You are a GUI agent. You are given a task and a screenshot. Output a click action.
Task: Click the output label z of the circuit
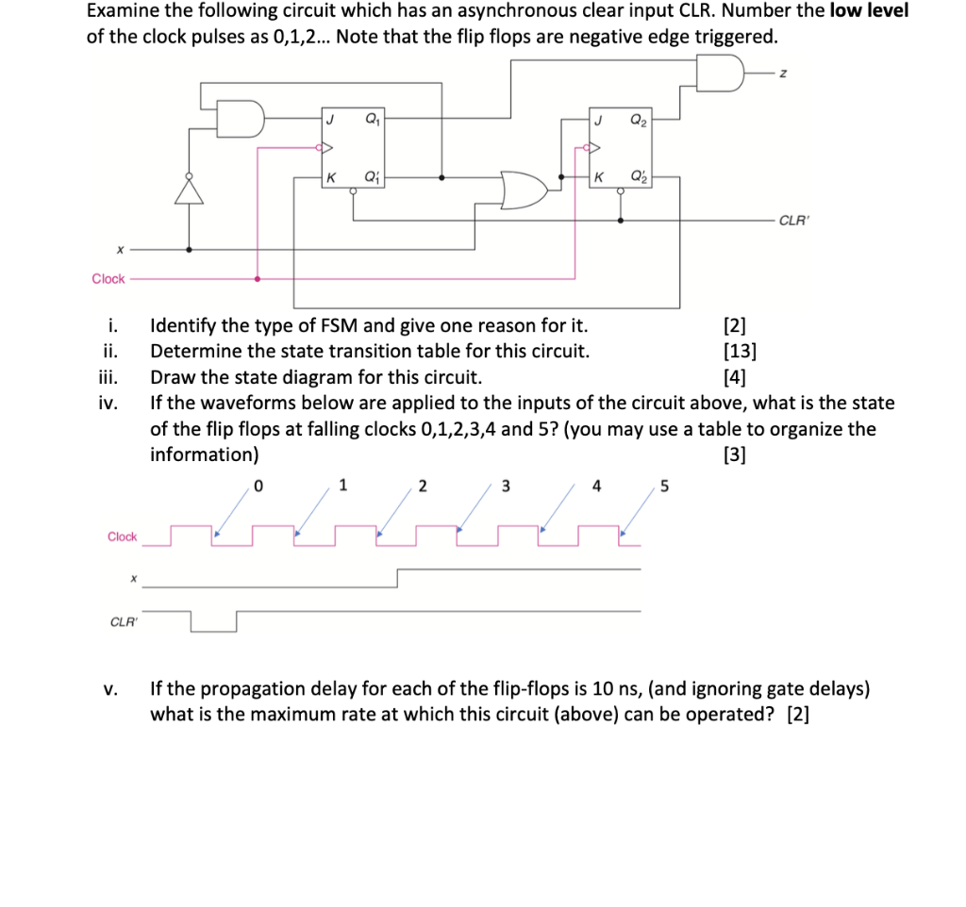point(782,74)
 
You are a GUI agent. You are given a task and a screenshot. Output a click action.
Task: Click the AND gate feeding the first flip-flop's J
point(242,119)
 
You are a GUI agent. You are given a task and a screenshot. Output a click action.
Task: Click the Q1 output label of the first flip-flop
point(371,120)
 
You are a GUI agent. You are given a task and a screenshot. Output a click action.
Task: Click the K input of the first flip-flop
point(330,177)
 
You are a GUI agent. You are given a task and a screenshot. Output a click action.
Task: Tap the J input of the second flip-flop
point(598,120)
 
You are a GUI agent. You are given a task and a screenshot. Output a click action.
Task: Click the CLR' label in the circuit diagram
point(791,221)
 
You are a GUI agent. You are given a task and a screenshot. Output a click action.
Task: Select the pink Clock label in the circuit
point(108,278)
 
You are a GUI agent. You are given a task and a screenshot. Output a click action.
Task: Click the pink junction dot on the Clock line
point(258,279)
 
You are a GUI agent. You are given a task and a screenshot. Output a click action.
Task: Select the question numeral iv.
point(108,404)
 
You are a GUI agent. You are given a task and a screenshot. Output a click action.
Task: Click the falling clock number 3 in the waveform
point(506,486)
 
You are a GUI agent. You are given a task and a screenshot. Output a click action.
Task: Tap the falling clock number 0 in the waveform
point(258,486)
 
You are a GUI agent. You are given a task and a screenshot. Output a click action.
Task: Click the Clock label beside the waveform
point(122,536)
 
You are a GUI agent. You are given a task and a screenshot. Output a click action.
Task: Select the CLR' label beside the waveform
point(122,621)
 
